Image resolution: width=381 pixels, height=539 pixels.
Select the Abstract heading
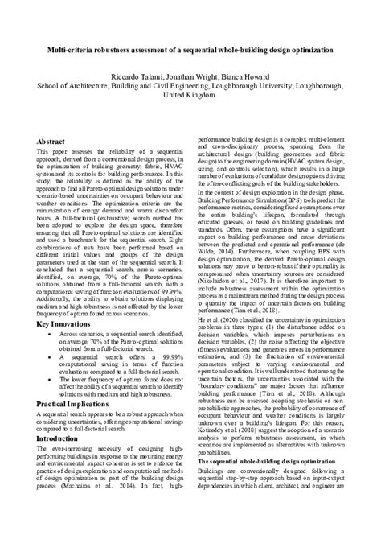[51, 142]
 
